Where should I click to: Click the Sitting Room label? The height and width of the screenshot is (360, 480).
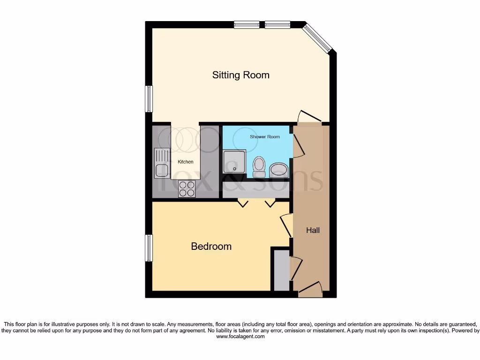(240, 75)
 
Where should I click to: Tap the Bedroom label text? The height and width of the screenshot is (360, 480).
(211, 247)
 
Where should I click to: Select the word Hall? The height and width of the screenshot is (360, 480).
(313, 230)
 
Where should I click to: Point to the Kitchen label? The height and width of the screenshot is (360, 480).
(185, 162)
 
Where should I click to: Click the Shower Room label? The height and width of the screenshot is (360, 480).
(265, 137)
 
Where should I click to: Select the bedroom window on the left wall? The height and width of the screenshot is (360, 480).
(149, 248)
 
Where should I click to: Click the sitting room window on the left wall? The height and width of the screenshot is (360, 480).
(149, 99)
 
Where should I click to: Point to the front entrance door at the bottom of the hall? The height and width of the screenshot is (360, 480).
(310, 290)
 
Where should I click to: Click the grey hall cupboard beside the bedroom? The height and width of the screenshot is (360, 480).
(282, 271)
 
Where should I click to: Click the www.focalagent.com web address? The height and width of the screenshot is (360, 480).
(240, 337)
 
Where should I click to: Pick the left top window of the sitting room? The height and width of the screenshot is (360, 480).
(247, 25)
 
